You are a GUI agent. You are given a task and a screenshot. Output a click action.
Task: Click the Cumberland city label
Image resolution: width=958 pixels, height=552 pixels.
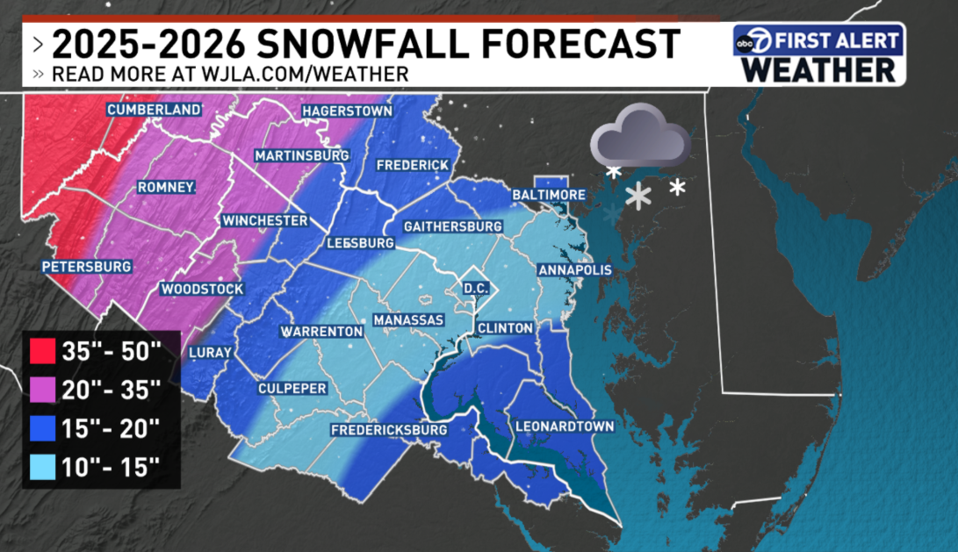coord(154,110)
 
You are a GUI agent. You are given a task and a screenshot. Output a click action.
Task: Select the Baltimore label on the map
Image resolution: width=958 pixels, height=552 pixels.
coord(550,194)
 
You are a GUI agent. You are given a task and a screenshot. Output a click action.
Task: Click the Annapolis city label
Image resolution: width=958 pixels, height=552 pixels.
coord(573,269)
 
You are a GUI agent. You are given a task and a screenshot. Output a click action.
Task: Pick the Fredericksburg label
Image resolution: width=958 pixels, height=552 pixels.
coord(389,430)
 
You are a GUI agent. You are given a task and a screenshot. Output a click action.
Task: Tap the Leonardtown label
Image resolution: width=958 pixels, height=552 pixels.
coord(564,427)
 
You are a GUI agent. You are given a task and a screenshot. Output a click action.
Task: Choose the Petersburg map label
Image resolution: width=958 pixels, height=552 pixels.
coord(86,266)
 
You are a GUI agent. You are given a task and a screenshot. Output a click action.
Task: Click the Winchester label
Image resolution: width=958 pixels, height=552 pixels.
coord(264,220)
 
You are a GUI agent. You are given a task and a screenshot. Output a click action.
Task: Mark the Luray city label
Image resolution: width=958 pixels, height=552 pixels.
coord(211,353)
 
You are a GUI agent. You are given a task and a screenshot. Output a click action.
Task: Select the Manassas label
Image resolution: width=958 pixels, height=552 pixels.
coord(408,320)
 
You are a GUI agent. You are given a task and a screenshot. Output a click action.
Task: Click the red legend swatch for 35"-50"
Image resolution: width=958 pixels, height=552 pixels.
coord(41,352)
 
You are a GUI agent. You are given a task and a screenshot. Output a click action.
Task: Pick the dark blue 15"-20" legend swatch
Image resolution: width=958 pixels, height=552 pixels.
coord(41,428)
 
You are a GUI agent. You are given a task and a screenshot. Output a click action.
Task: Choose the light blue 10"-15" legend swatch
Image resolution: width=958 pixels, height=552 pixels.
coord(41,467)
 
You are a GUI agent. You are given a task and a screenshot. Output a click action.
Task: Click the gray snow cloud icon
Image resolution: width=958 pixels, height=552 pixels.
coord(639,136)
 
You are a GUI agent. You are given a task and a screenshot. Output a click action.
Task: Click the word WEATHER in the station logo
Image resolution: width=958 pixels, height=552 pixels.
coord(818,69)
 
